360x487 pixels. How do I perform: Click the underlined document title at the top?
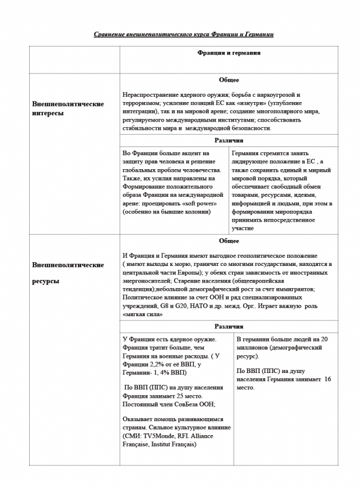pyautogui.click(x=183, y=35)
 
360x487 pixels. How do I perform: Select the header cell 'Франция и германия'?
pyautogui.click(x=229, y=53)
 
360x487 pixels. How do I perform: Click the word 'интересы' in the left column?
pyautogui.click(x=48, y=114)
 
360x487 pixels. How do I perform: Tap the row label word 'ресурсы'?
pyautogui.click(x=46, y=282)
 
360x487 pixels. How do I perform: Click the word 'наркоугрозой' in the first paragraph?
pyautogui.click(x=281, y=95)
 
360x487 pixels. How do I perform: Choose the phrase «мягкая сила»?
pyautogui.click(x=141, y=315)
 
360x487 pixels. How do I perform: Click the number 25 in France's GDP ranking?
pyautogui.click(x=176, y=396)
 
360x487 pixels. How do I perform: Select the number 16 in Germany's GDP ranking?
pyautogui.click(x=328, y=379)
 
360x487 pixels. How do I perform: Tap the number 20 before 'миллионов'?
pyautogui.click(x=324, y=339)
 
